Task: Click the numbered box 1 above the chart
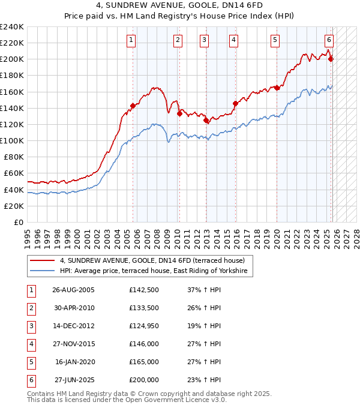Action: (131, 40)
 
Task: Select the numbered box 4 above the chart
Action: (233, 40)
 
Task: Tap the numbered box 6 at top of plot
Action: (329, 40)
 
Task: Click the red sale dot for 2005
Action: (133, 106)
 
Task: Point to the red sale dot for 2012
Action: (206, 120)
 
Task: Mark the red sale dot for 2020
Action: (277, 88)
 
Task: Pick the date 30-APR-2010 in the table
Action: (73, 308)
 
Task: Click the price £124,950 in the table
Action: (143, 326)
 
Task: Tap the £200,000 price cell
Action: (143, 380)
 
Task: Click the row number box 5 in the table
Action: (31, 362)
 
